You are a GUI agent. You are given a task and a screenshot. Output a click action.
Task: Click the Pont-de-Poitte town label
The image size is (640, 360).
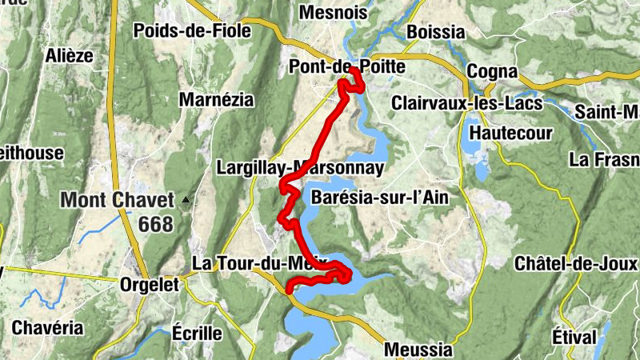coord(346,68)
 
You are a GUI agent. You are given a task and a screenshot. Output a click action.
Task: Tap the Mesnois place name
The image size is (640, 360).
coord(332,12)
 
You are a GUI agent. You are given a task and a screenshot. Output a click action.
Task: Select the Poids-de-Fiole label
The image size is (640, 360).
coord(192,31)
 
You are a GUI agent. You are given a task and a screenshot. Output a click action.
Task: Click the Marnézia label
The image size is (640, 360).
coord(216,101)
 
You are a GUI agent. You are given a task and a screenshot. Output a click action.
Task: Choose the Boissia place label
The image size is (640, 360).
coord(435,31)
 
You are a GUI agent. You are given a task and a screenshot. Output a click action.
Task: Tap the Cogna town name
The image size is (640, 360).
coord(492,71)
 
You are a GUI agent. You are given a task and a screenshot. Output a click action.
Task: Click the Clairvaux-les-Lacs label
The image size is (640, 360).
coord(466,103)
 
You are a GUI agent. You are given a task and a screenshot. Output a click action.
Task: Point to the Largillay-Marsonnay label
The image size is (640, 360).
coord(300,169)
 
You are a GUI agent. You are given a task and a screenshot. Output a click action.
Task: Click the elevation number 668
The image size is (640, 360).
coord(155,225)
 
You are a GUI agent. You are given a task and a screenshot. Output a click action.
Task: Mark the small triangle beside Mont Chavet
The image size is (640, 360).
coord(186,199)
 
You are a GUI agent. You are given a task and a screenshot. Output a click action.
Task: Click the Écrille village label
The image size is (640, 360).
coord(197,333)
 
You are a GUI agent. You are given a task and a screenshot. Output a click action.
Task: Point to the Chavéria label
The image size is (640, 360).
coord(47,327)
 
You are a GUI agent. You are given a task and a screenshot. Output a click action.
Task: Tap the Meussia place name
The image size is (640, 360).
coord(418,350)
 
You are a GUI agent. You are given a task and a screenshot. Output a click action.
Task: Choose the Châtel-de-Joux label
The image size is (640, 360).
coord(575,263)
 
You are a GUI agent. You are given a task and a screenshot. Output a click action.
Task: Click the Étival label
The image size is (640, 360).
coord(574,337)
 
